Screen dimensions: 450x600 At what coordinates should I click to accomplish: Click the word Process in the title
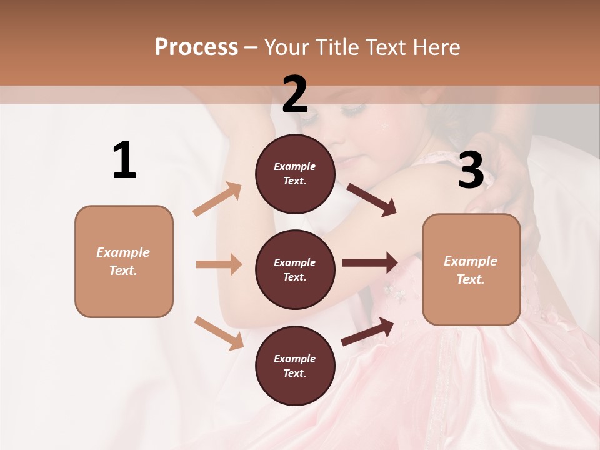[196, 47]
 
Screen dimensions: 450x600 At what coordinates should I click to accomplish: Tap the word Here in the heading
[435, 47]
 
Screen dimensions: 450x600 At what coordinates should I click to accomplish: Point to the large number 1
[124, 161]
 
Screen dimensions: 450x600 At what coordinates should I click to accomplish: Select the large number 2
[295, 94]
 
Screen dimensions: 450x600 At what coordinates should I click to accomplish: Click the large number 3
[471, 171]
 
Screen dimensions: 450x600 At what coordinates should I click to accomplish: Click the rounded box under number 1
[124, 261]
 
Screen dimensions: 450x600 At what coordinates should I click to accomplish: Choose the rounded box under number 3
[471, 269]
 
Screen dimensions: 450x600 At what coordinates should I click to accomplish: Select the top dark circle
[295, 174]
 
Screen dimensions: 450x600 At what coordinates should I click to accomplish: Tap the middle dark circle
[295, 269]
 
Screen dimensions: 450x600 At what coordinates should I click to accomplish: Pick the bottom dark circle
[295, 366]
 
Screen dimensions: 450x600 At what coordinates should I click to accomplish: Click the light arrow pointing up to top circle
[217, 199]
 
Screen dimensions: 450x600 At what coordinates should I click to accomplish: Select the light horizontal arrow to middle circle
[219, 264]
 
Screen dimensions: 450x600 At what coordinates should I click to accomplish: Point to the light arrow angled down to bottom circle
[219, 333]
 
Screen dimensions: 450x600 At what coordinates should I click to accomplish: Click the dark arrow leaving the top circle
[371, 199]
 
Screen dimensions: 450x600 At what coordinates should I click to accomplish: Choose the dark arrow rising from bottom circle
[368, 331]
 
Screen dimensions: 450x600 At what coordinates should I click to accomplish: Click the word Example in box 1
[123, 252]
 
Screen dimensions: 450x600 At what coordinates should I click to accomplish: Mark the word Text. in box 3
[471, 279]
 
